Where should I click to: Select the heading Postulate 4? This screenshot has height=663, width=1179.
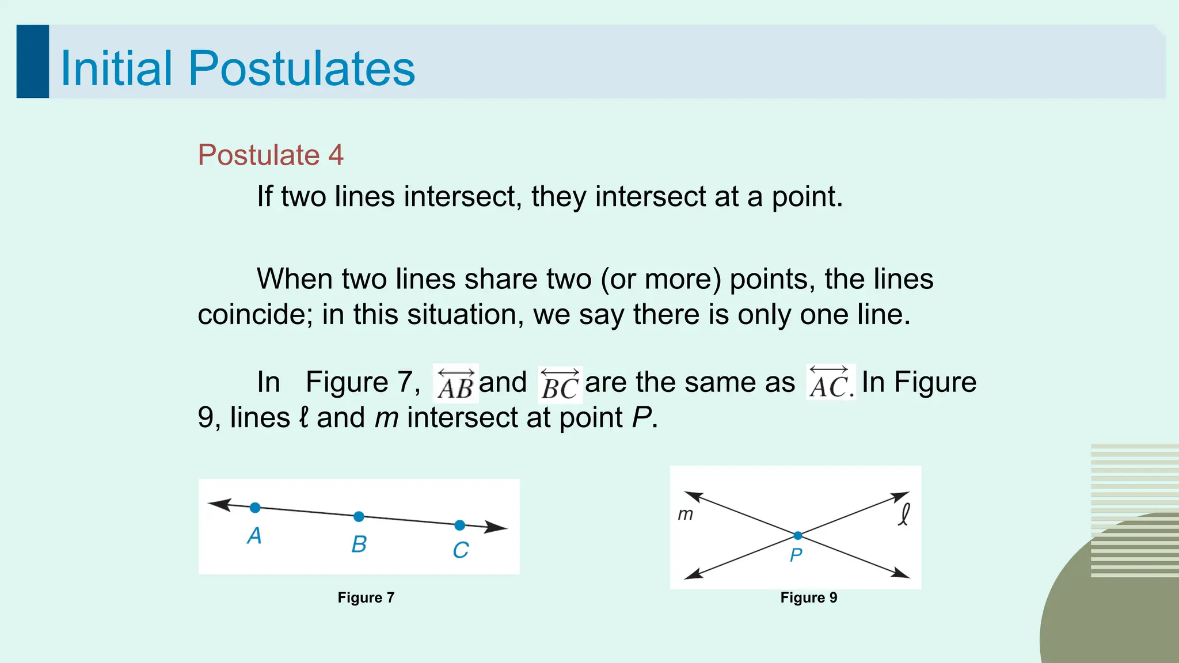270,155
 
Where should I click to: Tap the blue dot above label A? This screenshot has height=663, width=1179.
255,508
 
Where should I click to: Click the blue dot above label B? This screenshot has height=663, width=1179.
359,516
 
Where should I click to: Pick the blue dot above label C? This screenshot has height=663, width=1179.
459,525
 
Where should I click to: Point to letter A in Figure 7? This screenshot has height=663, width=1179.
254,536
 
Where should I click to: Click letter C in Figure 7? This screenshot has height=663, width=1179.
461,550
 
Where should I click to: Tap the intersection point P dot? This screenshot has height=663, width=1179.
797,536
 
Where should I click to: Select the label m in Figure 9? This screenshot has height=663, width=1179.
685,514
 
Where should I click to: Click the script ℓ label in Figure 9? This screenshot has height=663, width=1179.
904,514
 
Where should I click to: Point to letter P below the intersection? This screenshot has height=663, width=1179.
796,555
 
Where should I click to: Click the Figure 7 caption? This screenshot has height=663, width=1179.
366,597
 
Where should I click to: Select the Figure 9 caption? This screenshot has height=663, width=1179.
809,597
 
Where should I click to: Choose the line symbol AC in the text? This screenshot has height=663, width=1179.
830,383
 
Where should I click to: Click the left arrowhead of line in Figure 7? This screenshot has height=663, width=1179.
219,504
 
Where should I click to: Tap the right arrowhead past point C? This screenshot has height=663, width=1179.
496,527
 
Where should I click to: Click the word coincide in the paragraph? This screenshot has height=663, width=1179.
254,315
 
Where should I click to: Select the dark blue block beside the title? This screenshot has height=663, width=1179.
33,62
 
